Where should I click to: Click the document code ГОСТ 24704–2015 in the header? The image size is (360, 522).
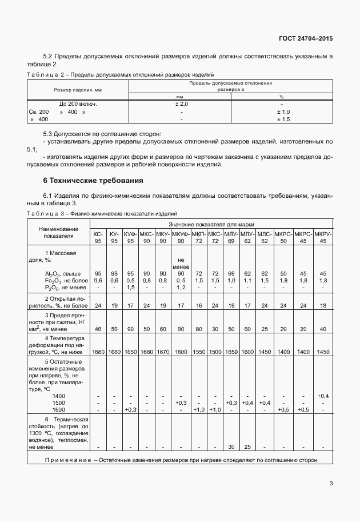306,38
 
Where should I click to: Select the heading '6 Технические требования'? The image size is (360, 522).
93,181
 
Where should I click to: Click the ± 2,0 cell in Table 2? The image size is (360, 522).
181,104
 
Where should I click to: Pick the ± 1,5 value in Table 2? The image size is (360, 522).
283,119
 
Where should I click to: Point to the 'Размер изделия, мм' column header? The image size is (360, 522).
78,90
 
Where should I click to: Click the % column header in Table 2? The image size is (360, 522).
281,97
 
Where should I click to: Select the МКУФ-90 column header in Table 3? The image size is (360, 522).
181,237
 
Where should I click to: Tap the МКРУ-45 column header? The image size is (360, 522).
323,237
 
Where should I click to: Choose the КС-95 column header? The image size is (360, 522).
98,237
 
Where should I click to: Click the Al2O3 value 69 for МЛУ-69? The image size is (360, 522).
231,273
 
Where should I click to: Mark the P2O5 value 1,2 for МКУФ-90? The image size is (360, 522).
181,287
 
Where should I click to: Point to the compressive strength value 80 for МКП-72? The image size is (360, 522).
199,329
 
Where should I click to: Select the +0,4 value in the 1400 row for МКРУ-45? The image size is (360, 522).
323,396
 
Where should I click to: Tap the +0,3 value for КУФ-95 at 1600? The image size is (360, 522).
130,409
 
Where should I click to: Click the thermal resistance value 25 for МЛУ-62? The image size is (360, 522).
247,447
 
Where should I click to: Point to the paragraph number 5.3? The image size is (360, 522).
49,133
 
